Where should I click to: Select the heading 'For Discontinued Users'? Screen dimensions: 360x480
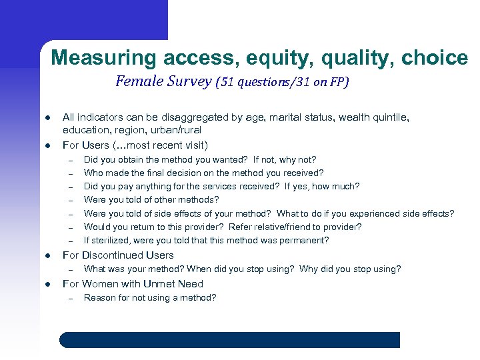pos(118,255)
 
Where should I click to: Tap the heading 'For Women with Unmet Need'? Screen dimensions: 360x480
pos(133,284)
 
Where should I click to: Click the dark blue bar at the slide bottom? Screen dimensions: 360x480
pos(230,340)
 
